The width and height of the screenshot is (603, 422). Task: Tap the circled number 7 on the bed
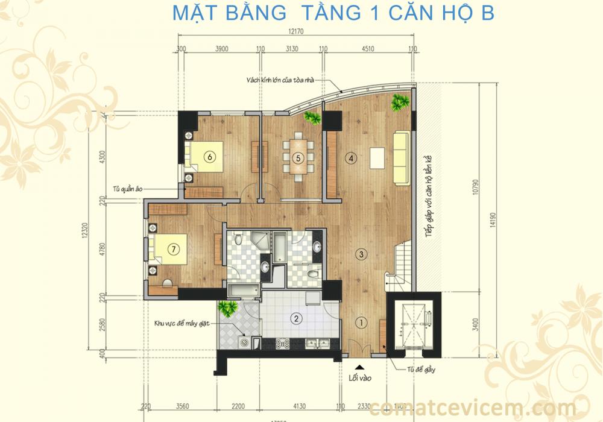point(173,248)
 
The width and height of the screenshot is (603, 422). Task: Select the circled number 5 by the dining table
point(297,158)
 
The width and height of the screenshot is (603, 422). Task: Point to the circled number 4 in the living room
point(351,159)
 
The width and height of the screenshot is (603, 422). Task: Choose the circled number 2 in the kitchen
point(296,318)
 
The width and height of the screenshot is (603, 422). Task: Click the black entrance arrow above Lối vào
point(359,367)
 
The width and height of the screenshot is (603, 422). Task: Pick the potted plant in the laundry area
point(227,309)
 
